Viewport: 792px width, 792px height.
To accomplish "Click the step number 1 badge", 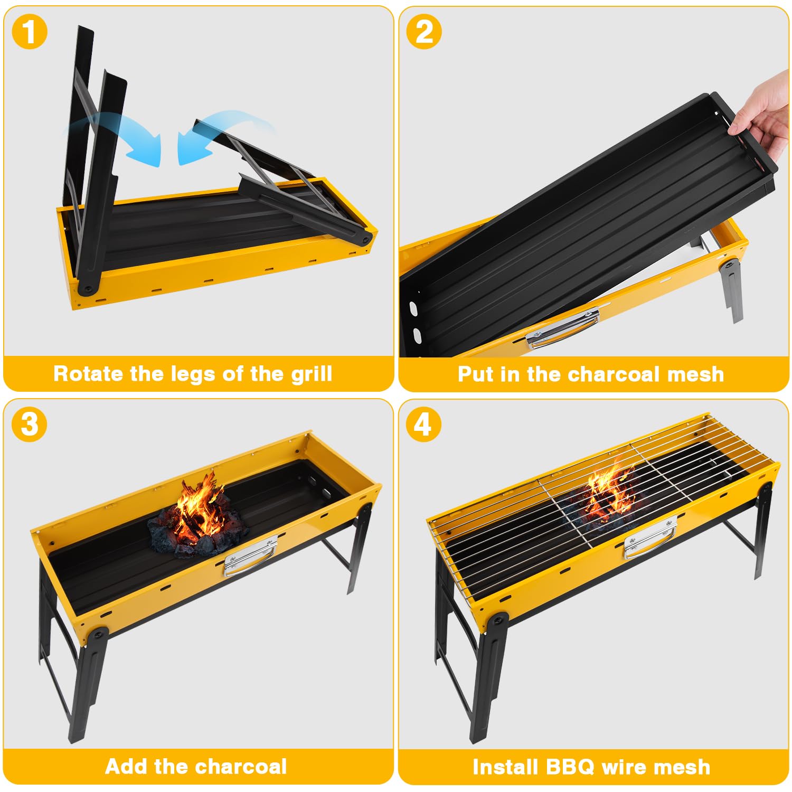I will tap(30, 32).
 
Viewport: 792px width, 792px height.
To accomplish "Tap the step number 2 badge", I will tap(424, 32).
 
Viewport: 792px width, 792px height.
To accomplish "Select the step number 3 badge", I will tap(30, 425).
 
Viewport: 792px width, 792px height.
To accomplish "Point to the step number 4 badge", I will tap(424, 425).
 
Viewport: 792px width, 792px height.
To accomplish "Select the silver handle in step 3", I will tap(250, 557).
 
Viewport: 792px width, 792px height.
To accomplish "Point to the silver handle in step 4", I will tap(649, 539).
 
